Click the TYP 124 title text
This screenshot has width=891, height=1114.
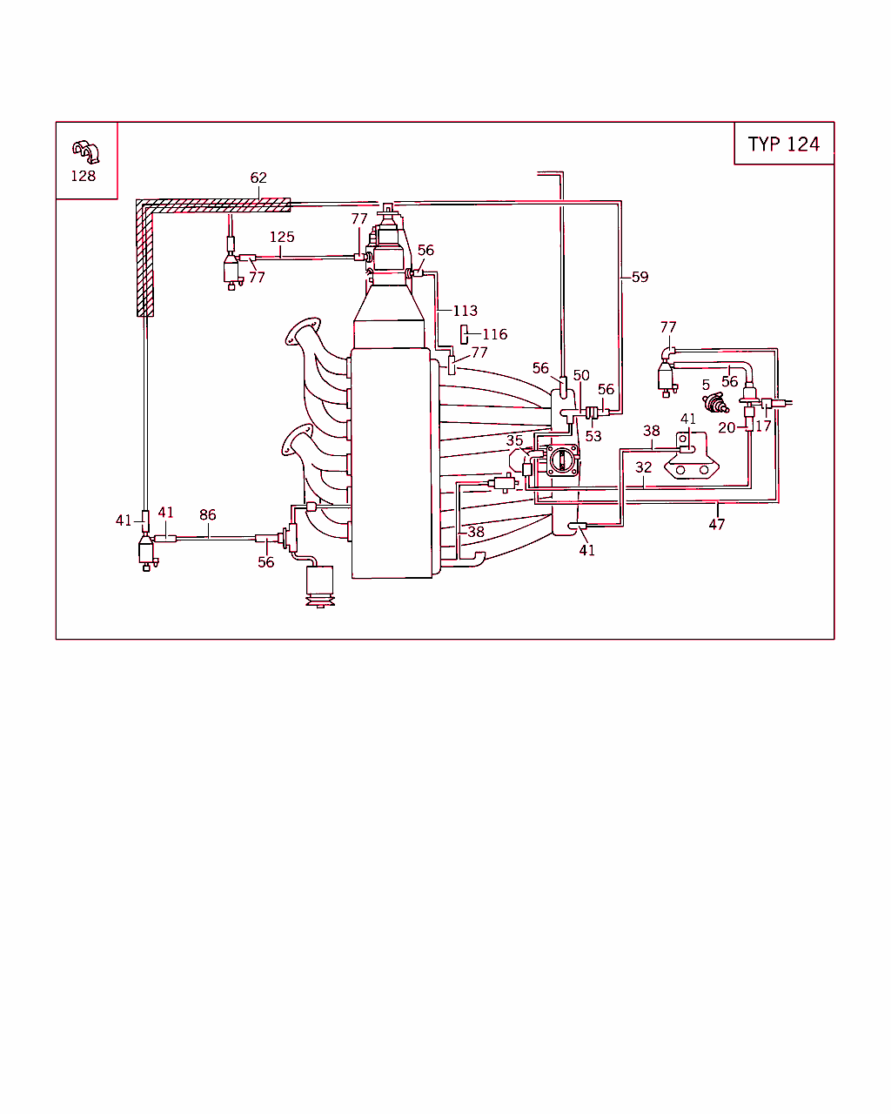tap(783, 144)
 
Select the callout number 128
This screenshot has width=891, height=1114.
tap(84, 176)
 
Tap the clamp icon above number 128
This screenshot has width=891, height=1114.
tap(85, 151)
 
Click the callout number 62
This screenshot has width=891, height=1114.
tap(258, 178)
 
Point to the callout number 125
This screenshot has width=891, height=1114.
tap(282, 237)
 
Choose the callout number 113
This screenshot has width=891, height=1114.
tap(465, 311)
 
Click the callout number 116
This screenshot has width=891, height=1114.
tap(494, 334)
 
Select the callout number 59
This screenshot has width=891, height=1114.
tap(640, 277)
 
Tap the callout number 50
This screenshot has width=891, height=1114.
tap(581, 375)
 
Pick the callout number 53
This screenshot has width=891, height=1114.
tap(593, 436)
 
